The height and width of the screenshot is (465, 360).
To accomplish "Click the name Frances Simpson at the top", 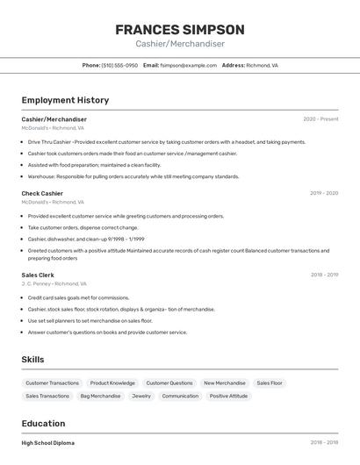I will [x=180, y=30].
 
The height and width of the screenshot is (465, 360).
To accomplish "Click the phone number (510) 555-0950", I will [x=119, y=66].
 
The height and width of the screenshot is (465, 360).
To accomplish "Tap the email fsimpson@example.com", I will [x=188, y=66].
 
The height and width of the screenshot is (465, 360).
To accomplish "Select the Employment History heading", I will [x=65, y=101].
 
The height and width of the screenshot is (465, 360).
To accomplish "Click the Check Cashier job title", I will [x=42, y=193].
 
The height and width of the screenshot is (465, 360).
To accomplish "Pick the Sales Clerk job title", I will [x=38, y=275].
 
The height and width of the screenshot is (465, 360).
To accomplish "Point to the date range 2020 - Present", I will [x=320, y=119].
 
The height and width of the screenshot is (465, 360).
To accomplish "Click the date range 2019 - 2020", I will [x=324, y=193].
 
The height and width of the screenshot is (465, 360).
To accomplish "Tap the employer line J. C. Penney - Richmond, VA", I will [x=54, y=284].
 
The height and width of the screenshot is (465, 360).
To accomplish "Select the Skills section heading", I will [x=32, y=360].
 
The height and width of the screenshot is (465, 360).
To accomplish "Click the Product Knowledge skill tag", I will [x=112, y=383].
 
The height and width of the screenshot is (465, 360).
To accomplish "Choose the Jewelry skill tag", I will [x=141, y=397].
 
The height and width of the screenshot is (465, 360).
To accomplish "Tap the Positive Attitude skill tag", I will [x=229, y=397].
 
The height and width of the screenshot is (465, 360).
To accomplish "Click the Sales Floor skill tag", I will [x=270, y=383].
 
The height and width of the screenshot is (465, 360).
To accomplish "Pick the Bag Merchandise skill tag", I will [x=100, y=397].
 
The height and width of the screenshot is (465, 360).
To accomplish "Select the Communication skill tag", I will [x=180, y=397].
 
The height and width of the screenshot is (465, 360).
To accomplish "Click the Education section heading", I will [x=43, y=423].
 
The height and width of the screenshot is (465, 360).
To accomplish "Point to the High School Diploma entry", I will [x=47, y=443].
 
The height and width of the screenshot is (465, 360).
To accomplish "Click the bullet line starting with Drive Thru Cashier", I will [x=167, y=142].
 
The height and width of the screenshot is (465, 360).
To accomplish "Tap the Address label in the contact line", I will [x=233, y=66].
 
